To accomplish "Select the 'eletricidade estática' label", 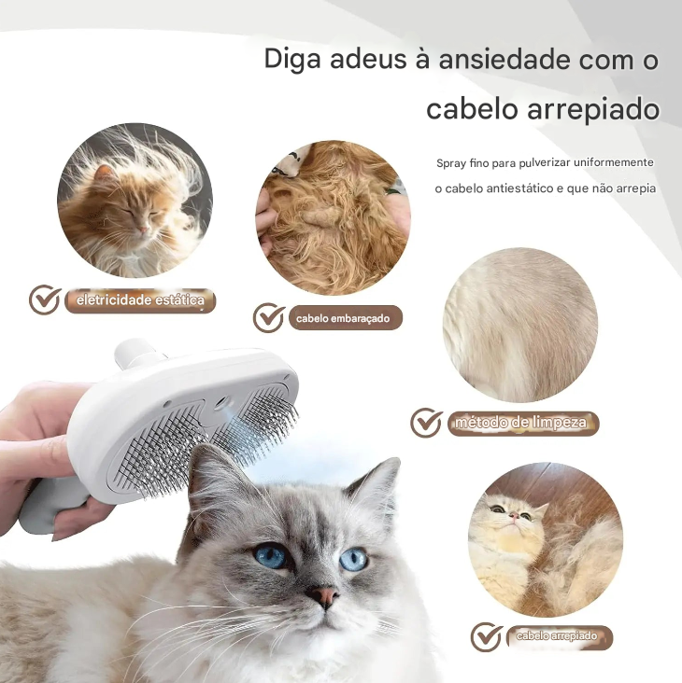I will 140,300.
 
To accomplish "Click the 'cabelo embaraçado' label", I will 343,318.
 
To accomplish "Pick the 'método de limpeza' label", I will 520,423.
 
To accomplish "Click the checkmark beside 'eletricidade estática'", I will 44,300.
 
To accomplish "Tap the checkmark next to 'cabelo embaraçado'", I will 268,318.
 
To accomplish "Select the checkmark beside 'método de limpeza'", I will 426,423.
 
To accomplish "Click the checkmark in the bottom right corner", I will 486,637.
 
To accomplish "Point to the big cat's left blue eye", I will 270,556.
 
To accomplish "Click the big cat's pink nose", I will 324,595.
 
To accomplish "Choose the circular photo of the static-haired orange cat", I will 135,201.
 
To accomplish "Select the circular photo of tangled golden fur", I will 333,217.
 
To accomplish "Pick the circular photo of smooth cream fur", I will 520,324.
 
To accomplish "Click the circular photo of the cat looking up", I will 545,539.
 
